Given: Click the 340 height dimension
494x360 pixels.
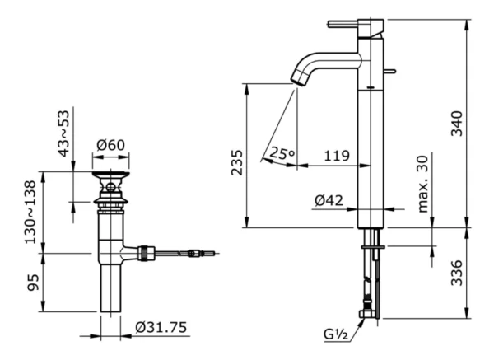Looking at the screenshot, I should coord(454,121).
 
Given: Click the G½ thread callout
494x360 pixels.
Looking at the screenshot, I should coord(335,334).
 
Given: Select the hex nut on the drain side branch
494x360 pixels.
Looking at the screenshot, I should coord(147,252).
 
